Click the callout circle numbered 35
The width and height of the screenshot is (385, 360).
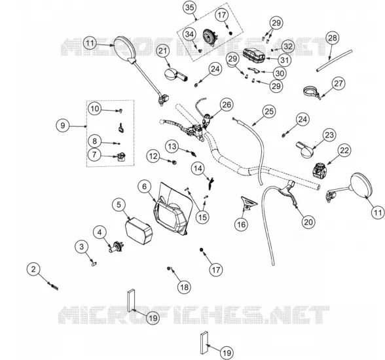pos(190,8)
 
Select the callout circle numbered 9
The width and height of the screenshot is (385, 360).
pos(63,126)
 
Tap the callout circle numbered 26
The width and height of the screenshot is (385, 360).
pos(227,105)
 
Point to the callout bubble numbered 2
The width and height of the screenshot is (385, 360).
pos(33,269)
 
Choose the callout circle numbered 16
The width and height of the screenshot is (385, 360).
pos(242,225)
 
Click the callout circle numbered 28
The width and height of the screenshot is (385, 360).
pos(333,38)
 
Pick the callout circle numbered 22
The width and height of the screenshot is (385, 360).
pos(344,150)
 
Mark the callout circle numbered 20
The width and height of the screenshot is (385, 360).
pos(308,222)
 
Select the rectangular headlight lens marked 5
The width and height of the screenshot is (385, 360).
pos(139,230)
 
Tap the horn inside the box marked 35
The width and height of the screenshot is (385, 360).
pos(210,37)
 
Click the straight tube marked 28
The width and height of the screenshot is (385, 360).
pos(334,61)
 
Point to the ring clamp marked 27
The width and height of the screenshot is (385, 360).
pos(312,92)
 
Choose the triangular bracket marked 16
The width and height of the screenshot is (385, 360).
pos(249,203)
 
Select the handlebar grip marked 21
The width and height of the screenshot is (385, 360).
pos(175,75)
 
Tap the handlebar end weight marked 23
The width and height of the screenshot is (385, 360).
pos(306,149)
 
